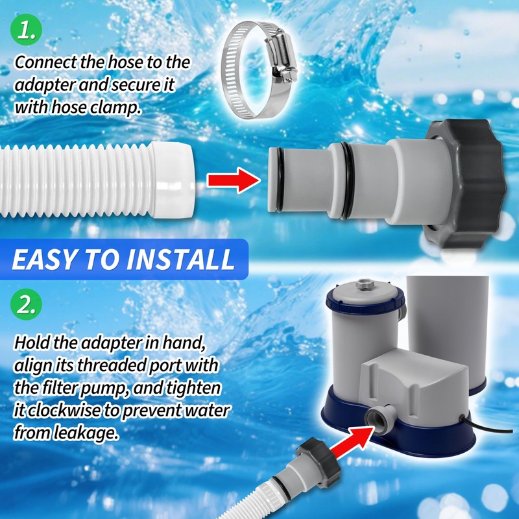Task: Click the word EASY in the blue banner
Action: click(43, 259)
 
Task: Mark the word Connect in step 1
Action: click(41, 63)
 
